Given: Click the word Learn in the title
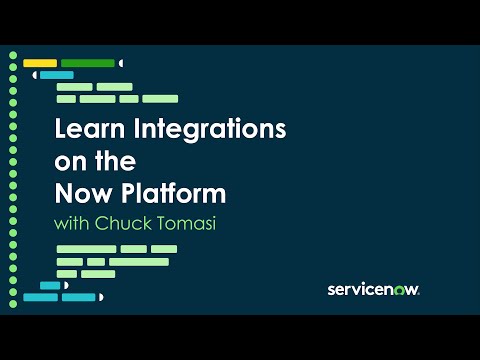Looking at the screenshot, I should [83, 129].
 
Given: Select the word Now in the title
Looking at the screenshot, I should [77, 191].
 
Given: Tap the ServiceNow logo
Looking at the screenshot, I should [373, 289].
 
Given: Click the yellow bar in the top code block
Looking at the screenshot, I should [39, 63].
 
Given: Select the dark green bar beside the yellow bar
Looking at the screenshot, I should [87, 63].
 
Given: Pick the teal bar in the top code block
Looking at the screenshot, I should [56, 75].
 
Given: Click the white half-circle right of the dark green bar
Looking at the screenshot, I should [121, 63].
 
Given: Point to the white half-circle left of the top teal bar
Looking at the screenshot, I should [35, 75].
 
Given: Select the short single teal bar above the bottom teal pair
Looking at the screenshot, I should [49, 285].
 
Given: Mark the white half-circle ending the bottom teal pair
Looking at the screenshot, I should [101, 297].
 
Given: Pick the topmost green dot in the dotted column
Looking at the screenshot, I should [13, 52].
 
